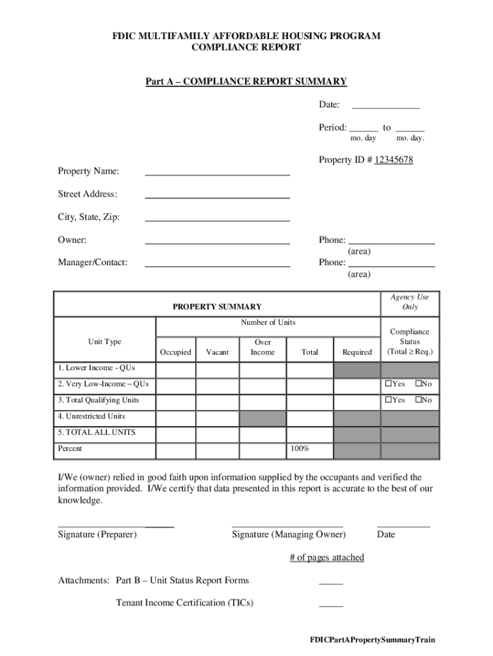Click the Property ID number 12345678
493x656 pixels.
coord(394,160)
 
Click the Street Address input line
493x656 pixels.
coord(217,196)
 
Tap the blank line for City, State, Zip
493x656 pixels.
coord(217,219)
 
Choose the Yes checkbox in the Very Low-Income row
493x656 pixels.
coord(388,384)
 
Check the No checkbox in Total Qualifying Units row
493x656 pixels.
coord(419,400)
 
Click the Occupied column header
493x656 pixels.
coord(175,352)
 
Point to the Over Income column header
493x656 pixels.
coord(263,347)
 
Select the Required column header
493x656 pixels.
coord(357,352)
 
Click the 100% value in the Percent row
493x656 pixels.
coord(300,448)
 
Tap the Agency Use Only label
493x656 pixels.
coord(410,302)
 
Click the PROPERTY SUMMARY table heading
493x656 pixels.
coord(217,307)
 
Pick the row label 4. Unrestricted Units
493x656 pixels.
coord(92,416)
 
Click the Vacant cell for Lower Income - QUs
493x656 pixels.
coord(217,370)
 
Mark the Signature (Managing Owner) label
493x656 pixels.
coord(289,534)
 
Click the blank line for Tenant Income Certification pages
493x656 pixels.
coord(330,605)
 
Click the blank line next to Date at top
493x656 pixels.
coord(385,108)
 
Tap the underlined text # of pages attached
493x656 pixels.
coord(327,557)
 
